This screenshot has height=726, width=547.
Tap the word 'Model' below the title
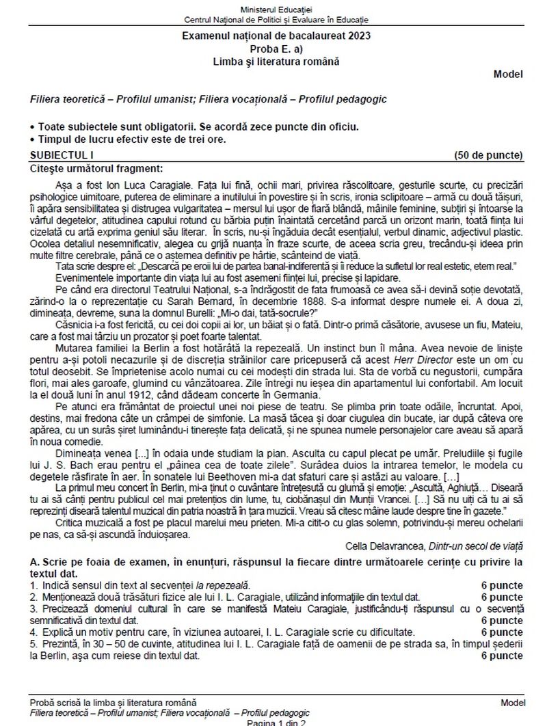click(507, 75)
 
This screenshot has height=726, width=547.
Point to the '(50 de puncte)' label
click(488, 155)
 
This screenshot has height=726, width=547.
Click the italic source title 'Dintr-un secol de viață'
click(475, 545)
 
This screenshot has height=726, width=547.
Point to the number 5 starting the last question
click(33, 644)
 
